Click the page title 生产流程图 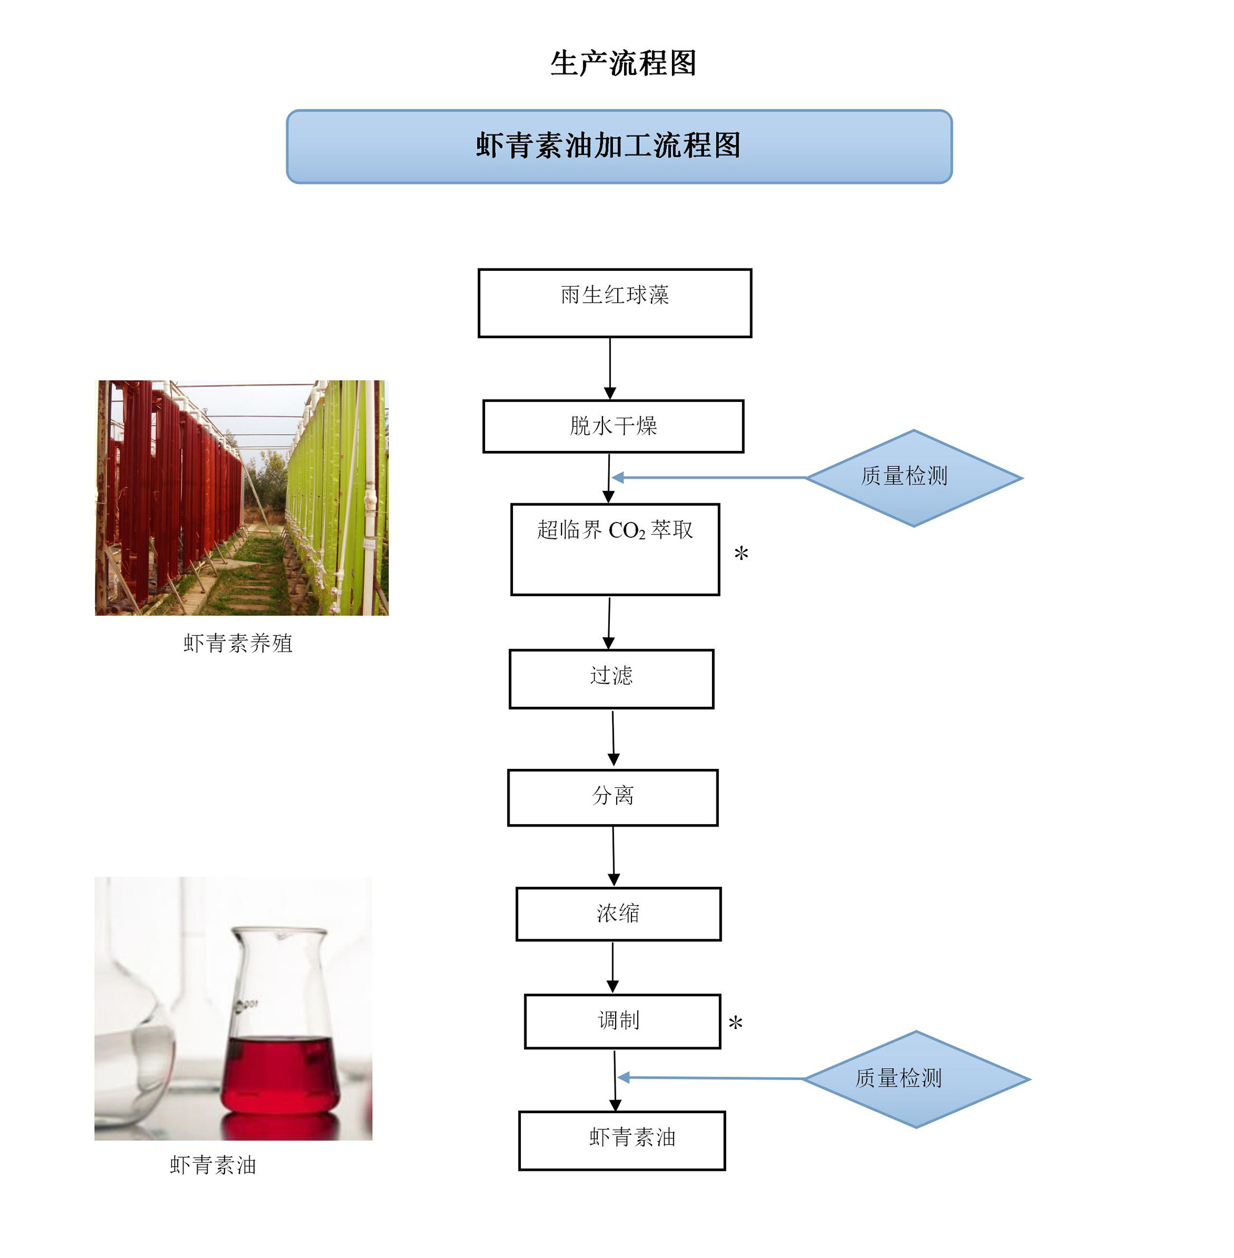(x=623, y=63)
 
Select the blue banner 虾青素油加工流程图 (x=619, y=146)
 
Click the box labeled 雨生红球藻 (x=614, y=303)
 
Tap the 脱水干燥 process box (x=613, y=426)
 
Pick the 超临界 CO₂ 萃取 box (x=615, y=548)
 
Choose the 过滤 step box (x=611, y=678)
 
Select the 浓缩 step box (x=618, y=913)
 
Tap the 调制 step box (x=622, y=1021)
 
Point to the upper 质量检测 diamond (x=913, y=478)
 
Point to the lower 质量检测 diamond (x=916, y=1078)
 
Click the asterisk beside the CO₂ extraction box (x=742, y=554)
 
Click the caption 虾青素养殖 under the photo (x=238, y=643)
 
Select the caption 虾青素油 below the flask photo (x=213, y=1165)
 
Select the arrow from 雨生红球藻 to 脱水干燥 (x=610, y=368)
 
